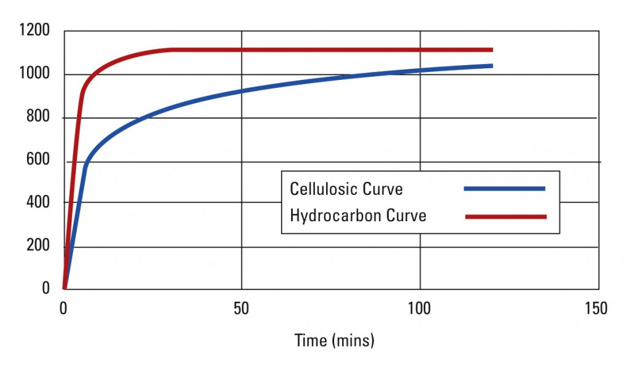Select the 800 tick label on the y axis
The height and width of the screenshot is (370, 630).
tap(38, 117)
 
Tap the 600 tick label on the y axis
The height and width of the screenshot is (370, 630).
tap(38, 162)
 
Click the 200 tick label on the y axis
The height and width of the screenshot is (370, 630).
tap(38, 246)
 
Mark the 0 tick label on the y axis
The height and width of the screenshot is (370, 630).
tap(46, 288)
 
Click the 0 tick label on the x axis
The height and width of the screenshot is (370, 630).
tap(63, 309)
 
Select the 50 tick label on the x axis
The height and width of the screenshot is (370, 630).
tap(242, 309)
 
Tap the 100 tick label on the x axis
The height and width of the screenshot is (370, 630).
tap(420, 309)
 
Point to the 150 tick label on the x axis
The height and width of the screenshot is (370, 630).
tap(596, 309)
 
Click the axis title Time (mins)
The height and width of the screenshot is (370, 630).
tap(334, 340)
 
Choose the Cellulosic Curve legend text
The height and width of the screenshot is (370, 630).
tap(346, 189)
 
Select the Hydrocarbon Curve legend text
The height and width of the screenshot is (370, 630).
tap(358, 216)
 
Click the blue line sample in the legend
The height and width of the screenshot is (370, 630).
tap(504, 189)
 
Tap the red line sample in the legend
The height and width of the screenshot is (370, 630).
tap(506, 216)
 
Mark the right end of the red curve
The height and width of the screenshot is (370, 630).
tap(492, 50)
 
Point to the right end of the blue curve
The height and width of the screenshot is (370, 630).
tap(492, 65)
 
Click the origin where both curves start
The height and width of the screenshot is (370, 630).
tap(64, 288)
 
